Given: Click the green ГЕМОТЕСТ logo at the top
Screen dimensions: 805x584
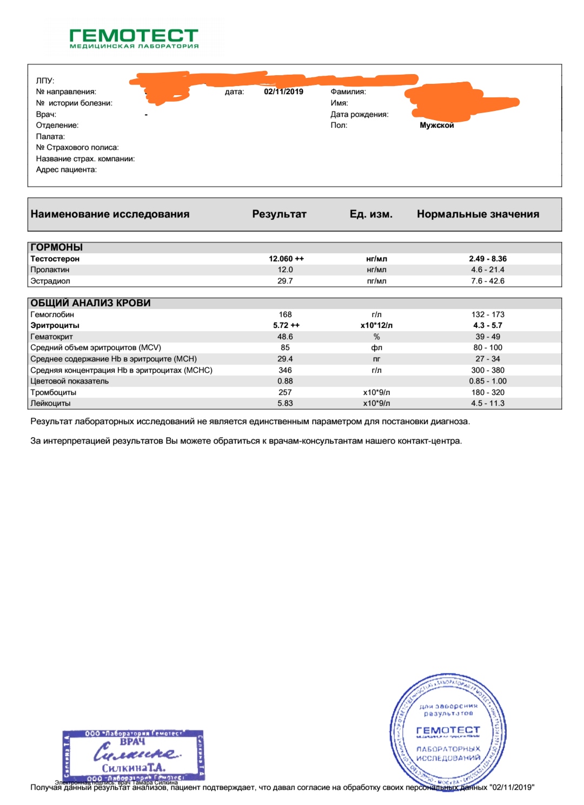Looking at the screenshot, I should pos(134,38).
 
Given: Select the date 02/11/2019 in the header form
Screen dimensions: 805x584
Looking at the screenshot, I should pos(283,92).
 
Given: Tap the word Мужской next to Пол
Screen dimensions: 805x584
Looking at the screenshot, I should pos(436,126).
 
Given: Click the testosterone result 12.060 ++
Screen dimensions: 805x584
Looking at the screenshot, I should pos(286,259).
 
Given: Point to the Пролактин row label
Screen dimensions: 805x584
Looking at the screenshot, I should pos(50,270).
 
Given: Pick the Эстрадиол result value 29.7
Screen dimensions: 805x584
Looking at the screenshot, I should pos(285,281).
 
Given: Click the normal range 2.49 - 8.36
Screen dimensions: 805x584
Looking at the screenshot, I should pos(487,259).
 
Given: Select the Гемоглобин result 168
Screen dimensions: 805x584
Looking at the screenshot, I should pos(285,314).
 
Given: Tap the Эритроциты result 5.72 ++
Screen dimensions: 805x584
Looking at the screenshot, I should pos(286,326).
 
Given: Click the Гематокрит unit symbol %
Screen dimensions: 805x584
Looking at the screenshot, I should pos(376,336).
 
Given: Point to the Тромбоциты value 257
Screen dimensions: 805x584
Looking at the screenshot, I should pos(285,392).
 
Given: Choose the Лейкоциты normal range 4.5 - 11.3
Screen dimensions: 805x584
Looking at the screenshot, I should pos(487,404).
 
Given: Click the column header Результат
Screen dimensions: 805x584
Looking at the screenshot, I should pos(279,214).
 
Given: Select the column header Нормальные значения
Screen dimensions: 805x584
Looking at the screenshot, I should pos(477,214).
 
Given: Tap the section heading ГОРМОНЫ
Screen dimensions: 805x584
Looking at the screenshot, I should pos(57,247).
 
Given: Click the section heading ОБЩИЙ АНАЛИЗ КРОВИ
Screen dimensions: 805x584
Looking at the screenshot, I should pos(90,303).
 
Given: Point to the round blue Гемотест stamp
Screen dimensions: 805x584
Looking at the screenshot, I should pos(448,730).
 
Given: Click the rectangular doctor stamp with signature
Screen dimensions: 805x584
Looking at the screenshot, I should pos(133,755).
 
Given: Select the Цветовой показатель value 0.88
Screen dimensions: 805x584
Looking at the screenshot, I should pos(285,381).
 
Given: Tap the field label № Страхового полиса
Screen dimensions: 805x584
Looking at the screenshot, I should pos(77,148).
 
